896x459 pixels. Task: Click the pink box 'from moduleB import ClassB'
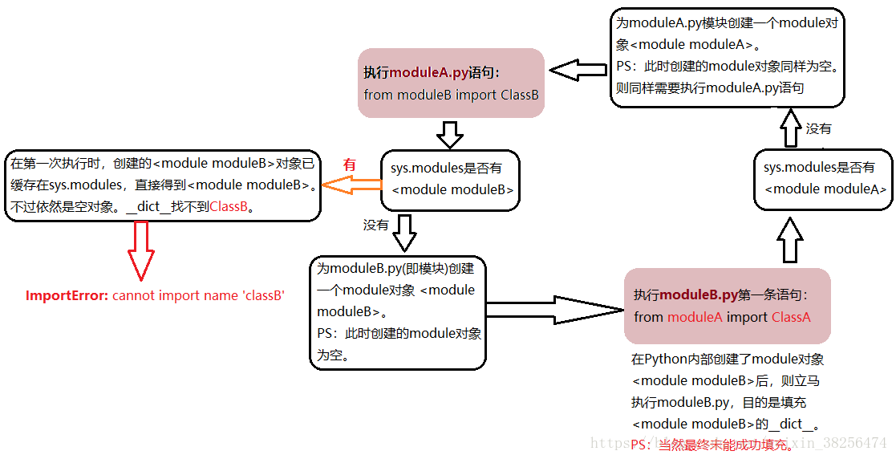click(x=451, y=83)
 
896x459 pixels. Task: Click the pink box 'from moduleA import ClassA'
click(x=727, y=306)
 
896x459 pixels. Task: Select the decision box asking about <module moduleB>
click(x=449, y=181)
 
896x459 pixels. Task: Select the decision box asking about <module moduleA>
click(x=824, y=179)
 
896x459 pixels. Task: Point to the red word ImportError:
click(x=67, y=295)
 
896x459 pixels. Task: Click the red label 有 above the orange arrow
click(x=349, y=164)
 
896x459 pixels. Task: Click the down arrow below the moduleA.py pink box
click(x=450, y=134)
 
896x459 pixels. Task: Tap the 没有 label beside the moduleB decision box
click(x=375, y=225)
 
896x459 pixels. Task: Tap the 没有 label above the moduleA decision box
click(x=818, y=128)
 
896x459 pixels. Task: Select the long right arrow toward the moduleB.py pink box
click(x=553, y=310)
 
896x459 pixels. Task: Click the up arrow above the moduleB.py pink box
click(x=790, y=239)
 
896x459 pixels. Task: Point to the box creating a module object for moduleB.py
click(x=398, y=311)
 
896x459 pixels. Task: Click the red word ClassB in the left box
click(x=230, y=207)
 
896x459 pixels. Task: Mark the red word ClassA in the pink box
click(x=791, y=317)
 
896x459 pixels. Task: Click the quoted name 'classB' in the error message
click(x=263, y=295)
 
